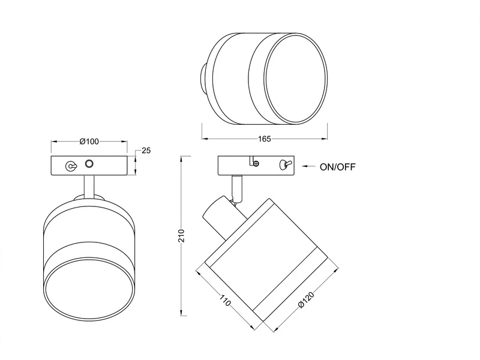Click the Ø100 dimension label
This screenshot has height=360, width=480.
[89, 142]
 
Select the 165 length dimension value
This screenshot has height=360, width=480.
[264, 139]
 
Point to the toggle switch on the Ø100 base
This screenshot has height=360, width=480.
[71, 166]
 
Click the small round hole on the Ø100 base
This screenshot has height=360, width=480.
[90, 163]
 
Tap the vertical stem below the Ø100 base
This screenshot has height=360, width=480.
[89, 187]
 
